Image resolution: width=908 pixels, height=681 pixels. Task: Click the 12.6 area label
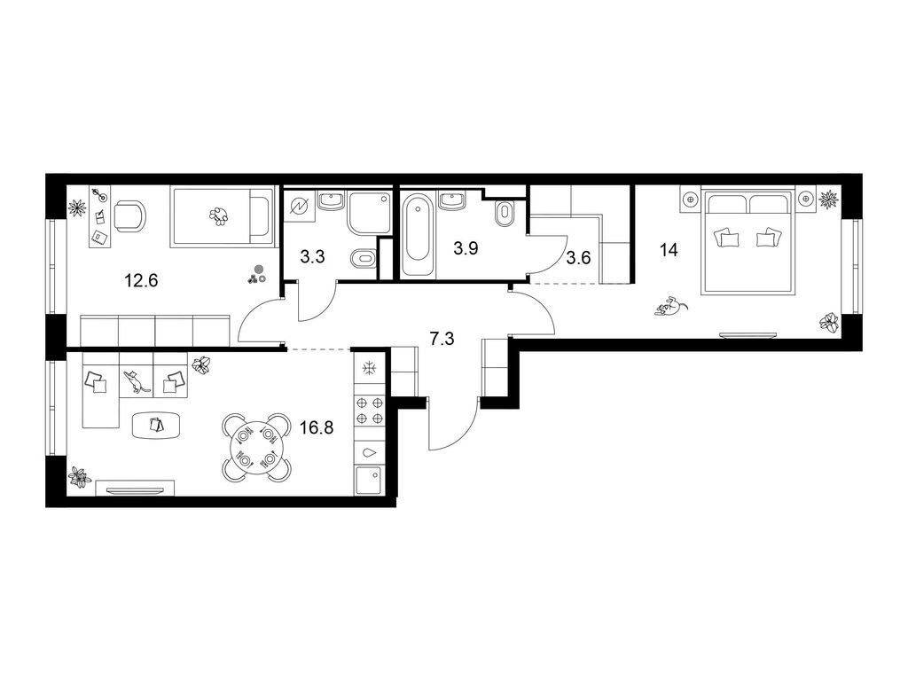point(141,281)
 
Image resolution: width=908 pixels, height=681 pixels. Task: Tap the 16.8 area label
point(317,427)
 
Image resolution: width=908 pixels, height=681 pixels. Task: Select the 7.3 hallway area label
point(442,339)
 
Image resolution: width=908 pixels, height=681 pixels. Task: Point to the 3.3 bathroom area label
point(313,256)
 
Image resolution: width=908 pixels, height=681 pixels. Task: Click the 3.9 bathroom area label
point(466,249)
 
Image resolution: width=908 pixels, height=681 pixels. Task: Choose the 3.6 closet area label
point(578,258)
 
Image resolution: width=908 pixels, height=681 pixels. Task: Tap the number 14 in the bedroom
point(669,250)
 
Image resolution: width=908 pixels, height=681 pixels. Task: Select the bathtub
point(419,236)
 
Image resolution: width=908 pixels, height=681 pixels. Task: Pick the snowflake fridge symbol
point(369,368)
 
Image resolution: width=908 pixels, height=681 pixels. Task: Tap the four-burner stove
point(370,410)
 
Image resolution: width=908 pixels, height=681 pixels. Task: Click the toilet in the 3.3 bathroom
point(363,259)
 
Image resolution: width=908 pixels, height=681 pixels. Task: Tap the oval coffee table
point(156,425)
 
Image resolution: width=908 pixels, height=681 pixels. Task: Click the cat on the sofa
point(136,382)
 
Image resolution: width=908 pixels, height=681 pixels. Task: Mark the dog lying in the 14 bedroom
point(670,306)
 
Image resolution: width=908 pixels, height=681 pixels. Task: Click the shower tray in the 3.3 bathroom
point(370,213)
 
